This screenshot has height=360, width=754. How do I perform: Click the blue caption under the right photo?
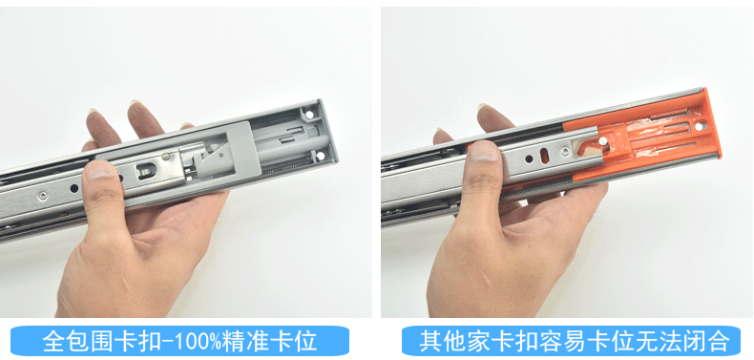566,340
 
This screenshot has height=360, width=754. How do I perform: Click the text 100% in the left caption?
216,340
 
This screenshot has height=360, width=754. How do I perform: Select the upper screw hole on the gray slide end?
312,114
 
